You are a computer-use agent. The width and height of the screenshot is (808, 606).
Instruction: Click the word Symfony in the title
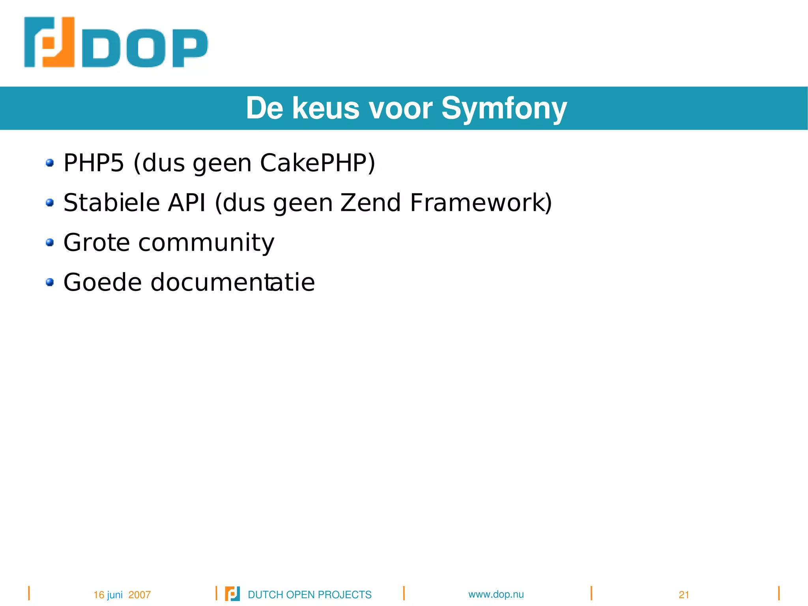504,108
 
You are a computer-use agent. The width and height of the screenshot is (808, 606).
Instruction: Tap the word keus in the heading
325,108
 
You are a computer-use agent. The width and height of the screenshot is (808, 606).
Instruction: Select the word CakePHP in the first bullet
317,163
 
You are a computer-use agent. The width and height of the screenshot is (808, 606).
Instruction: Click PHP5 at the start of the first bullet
94,163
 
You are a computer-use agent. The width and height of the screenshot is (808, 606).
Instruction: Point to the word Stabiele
111,203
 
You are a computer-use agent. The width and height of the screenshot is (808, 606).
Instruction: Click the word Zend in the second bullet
370,203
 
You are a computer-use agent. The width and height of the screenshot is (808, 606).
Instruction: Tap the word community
206,242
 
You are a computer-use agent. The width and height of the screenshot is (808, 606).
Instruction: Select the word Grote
97,242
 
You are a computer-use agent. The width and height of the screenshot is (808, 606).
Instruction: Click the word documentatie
232,282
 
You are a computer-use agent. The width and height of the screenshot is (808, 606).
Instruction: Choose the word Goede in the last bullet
103,282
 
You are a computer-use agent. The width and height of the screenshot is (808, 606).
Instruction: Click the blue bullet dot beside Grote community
50,242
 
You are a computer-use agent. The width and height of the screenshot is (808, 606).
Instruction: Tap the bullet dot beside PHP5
50,163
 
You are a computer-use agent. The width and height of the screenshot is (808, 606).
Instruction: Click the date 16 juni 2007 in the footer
122,595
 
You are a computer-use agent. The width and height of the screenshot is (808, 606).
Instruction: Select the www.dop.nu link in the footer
496,594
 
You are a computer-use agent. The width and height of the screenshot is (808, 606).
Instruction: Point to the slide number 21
684,595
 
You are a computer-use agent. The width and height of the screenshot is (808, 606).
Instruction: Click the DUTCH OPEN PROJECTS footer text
310,595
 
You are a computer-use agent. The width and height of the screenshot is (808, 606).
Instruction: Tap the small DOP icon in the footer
232,594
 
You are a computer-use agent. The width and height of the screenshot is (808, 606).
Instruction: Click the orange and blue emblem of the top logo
49,42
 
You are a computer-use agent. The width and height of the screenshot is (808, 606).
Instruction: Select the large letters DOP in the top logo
145,48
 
